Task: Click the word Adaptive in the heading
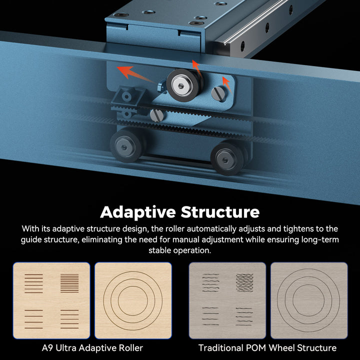point(138,212)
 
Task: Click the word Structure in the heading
point(220,211)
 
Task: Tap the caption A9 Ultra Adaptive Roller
point(92,348)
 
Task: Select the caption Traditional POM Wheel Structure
point(267,348)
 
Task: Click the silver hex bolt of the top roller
point(181,86)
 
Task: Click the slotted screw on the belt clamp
point(157,115)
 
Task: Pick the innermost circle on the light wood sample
point(132,300)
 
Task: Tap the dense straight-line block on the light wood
point(69,283)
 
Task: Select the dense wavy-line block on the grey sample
point(244,282)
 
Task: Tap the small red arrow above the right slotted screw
point(227,84)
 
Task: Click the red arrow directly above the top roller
point(197,68)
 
